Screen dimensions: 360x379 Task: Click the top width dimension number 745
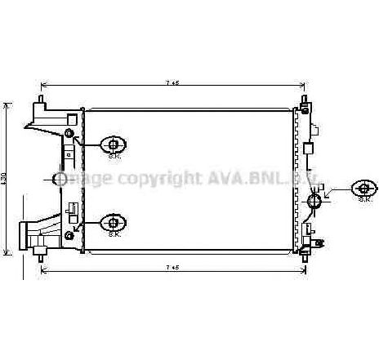172,83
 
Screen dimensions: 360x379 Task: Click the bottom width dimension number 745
172,267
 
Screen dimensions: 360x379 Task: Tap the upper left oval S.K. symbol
114,144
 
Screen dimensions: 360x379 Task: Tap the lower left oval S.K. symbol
114,222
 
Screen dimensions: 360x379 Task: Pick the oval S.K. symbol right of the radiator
364,189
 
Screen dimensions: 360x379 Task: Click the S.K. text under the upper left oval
114,156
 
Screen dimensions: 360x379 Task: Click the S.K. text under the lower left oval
114,233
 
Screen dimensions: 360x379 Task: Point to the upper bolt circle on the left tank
69,133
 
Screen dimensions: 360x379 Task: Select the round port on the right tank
315,200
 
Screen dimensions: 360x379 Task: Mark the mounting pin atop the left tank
39,100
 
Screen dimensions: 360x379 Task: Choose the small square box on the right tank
308,149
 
